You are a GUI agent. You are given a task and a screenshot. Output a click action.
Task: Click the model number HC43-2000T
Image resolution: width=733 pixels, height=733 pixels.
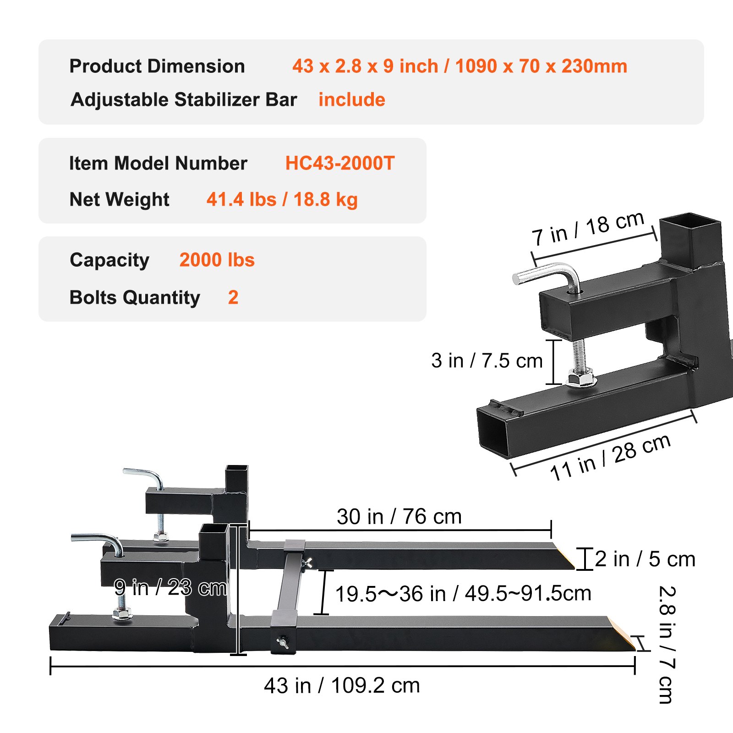pyautogui.click(x=339, y=163)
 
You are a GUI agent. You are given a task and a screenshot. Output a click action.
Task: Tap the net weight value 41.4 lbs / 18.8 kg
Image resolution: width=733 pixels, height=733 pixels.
pyautogui.click(x=282, y=199)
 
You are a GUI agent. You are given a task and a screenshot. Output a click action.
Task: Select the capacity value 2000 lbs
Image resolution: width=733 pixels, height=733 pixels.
pyautogui.click(x=217, y=260)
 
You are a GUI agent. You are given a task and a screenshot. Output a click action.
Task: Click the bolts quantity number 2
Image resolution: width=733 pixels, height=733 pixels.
pyautogui.click(x=233, y=297)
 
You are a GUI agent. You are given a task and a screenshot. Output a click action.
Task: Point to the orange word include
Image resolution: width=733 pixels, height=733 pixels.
pyautogui.click(x=352, y=99)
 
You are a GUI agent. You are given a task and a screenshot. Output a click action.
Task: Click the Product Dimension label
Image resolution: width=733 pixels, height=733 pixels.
pyautogui.click(x=157, y=66)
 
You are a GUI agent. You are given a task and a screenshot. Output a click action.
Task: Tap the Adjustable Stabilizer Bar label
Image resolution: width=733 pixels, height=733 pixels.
pyautogui.click(x=184, y=99)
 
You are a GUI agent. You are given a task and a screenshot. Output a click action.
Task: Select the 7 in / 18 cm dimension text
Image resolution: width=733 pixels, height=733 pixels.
pyautogui.click(x=588, y=229)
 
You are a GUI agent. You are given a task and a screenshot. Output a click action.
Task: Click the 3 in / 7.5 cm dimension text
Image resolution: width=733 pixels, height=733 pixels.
pyautogui.click(x=487, y=361)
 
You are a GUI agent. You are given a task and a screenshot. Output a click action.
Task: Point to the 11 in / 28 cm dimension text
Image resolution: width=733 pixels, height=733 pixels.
pyautogui.click(x=610, y=457)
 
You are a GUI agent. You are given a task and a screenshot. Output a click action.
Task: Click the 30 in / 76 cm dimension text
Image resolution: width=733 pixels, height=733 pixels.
pyautogui.click(x=399, y=516)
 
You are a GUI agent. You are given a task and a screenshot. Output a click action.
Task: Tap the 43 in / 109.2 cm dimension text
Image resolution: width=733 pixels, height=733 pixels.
pyautogui.click(x=342, y=685)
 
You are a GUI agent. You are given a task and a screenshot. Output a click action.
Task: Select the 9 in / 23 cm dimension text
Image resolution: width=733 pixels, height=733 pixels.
pyautogui.click(x=170, y=587)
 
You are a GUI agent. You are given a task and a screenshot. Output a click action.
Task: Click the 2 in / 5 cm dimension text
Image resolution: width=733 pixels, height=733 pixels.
pyautogui.click(x=645, y=559)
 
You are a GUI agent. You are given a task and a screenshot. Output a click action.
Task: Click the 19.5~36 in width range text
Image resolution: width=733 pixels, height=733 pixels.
pyautogui.click(x=463, y=594)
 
